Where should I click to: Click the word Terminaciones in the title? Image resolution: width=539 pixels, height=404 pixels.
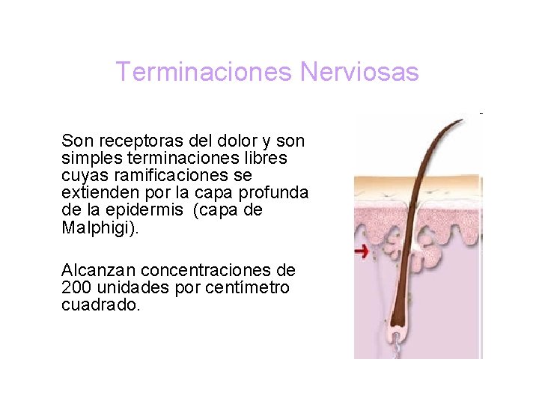click(204, 73)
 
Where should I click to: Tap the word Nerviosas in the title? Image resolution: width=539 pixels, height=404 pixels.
click(359, 73)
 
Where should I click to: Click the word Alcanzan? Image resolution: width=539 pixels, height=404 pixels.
click(98, 270)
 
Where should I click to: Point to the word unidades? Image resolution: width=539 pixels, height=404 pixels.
click(131, 287)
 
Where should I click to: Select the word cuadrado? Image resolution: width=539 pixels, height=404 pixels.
click(100, 304)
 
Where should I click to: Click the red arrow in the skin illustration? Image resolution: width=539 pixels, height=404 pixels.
click(361, 252)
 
